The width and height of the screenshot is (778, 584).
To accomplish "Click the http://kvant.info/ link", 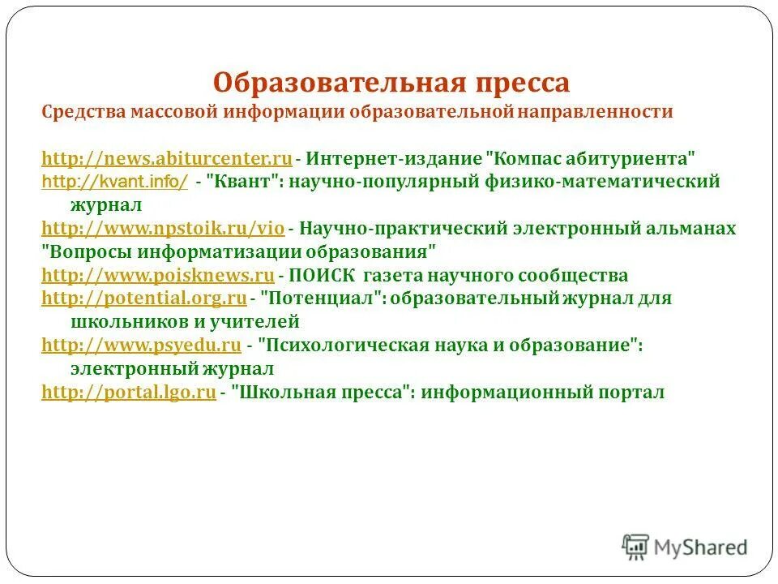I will pos(114,182).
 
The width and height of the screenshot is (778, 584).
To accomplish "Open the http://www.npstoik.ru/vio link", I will pos(161,229).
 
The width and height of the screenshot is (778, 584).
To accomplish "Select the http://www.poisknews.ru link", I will pos(158,275).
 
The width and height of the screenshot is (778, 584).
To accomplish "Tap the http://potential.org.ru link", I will pos(143,298).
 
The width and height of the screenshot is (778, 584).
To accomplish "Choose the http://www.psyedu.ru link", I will pos(141,346).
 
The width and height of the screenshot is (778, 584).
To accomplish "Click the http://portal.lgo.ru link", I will pos(128,393).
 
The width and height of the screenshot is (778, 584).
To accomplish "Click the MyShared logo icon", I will pos(636,546).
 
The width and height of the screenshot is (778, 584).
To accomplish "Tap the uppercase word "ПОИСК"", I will pos(323,275).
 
